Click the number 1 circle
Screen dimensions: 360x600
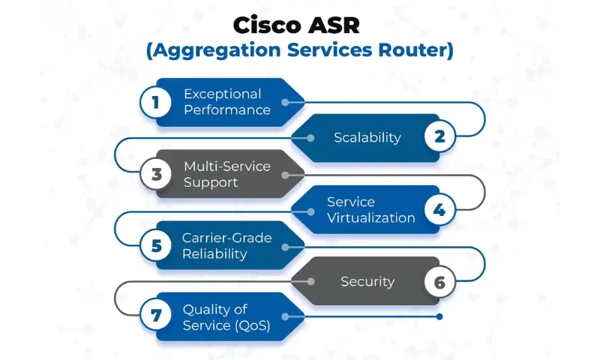pyautogui.click(x=156, y=101)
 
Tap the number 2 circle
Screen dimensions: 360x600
pyautogui.click(x=439, y=137)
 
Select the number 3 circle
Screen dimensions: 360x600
pyautogui.click(x=156, y=173)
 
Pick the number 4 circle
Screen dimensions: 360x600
pyautogui.click(x=439, y=209)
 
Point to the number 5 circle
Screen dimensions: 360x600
pyautogui.click(x=156, y=245)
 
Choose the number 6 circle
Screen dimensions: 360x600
pyautogui.click(x=439, y=281)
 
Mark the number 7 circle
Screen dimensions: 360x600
pyautogui.click(x=156, y=317)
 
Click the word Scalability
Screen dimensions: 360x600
pyautogui.click(x=367, y=137)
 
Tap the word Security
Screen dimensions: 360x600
pyautogui.click(x=367, y=281)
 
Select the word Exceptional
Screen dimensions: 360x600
pyautogui.click(x=223, y=94)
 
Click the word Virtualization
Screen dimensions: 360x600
pyautogui.click(x=370, y=217)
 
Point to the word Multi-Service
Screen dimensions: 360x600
pyautogui.click(x=227, y=166)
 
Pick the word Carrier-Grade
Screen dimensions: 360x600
pyautogui.click(x=226, y=238)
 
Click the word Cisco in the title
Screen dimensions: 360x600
pyautogui.click(x=265, y=25)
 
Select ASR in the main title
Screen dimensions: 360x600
pyautogui.click(x=334, y=25)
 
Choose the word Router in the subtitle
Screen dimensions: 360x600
pyautogui.click(x=421, y=52)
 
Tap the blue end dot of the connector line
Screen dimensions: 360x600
pyautogui.click(x=439, y=316)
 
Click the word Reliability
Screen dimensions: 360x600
pyautogui.click(x=214, y=253)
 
